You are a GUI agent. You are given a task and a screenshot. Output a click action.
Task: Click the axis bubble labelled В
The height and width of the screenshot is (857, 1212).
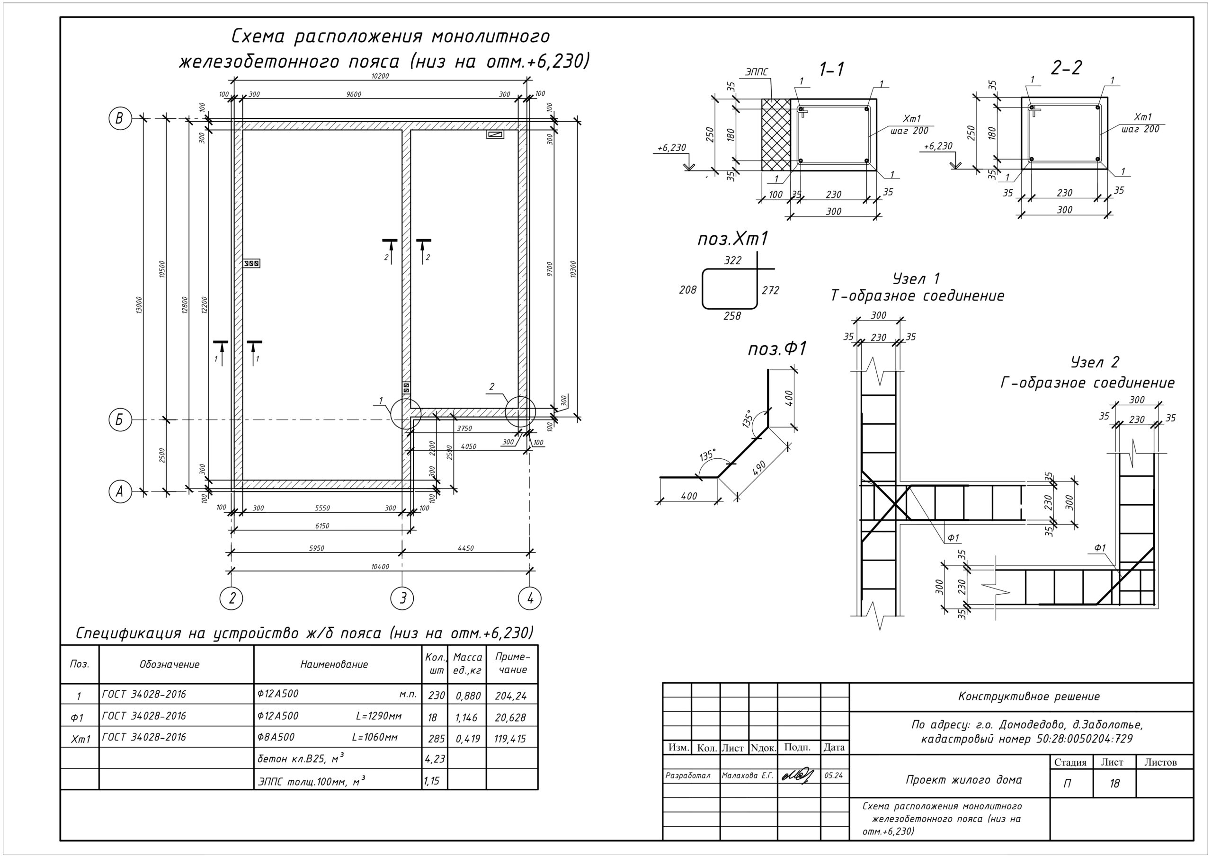[120, 118]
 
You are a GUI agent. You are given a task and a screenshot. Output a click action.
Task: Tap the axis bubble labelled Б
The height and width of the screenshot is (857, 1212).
[120, 420]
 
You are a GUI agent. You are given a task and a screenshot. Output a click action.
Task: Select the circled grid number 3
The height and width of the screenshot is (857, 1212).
[402, 598]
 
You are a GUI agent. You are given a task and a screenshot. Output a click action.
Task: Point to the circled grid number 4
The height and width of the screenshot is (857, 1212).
[530, 598]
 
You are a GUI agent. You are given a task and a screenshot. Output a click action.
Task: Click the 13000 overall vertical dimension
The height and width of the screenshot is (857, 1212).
[139, 305]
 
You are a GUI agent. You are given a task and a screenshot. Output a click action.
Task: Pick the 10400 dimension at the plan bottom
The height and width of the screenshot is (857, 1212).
[380, 567]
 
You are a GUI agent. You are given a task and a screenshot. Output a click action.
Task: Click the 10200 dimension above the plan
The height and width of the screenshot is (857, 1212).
[380, 76]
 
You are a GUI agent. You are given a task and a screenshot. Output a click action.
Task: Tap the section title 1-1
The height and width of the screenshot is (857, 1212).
[832, 69]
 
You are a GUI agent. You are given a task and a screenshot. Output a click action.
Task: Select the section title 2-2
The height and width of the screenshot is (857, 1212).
[1066, 68]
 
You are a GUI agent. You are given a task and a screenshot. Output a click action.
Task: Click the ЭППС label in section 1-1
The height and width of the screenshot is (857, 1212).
[757, 72]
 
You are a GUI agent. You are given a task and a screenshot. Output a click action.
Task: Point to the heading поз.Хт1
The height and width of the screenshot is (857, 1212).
[733, 239]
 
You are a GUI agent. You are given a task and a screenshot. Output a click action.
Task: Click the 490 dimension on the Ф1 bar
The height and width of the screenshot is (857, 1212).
[759, 468]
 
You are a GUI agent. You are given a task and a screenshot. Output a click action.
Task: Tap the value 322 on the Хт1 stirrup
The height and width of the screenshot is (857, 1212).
[733, 260]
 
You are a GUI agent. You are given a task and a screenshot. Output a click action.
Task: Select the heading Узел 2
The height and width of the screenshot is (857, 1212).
[1095, 362]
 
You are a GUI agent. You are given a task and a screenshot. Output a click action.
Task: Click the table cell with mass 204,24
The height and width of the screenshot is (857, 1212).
[511, 696]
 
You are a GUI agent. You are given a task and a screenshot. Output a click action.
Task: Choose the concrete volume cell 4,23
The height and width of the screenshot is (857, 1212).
[435, 759]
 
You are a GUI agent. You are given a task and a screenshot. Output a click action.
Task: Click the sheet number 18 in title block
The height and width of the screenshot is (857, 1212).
[1114, 783]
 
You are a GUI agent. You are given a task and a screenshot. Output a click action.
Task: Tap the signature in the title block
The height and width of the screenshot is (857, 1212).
[798, 776]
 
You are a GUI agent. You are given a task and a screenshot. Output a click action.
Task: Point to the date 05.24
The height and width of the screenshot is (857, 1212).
[834, 776]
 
